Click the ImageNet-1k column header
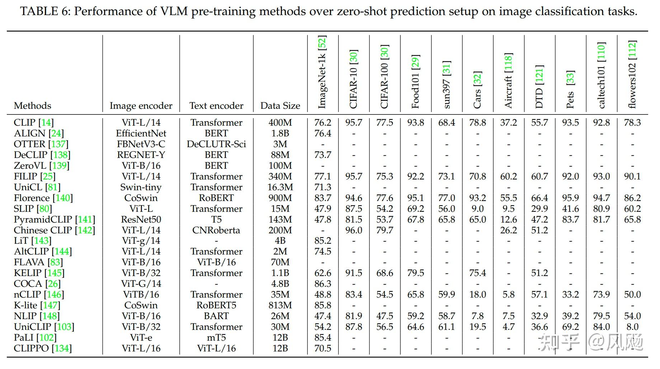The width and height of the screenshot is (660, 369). [x=322, y=73]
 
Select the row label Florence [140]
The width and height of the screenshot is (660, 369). [x=43, y=198]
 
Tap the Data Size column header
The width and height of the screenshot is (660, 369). [x=280, y=106]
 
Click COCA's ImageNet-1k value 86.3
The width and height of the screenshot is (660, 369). [x=322, y=284]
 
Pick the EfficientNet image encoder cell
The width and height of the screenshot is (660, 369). [x=141, y=134]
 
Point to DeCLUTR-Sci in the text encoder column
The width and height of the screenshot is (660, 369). [x=216, y=144]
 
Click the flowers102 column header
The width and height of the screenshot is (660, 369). [x=632, y=75]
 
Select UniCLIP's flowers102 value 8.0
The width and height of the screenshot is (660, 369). [x=632, y=327]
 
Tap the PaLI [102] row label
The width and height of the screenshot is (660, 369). [x=35, y=337]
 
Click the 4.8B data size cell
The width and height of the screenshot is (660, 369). [x=280, y=284]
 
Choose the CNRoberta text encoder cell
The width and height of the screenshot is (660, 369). [x=216, y=230]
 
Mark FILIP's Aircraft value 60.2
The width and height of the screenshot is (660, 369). [x=508, y=176]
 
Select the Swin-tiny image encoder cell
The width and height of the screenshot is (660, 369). [x=141, y=187]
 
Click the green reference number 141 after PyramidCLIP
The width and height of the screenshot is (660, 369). [x=85, y=219]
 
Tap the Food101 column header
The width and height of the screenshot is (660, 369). [x=415, y=82]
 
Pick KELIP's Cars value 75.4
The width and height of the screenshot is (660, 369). [x=477, y=273]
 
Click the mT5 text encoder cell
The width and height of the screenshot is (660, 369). [x=216, y=337]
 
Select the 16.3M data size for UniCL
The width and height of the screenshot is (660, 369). [x=280, y=187]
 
